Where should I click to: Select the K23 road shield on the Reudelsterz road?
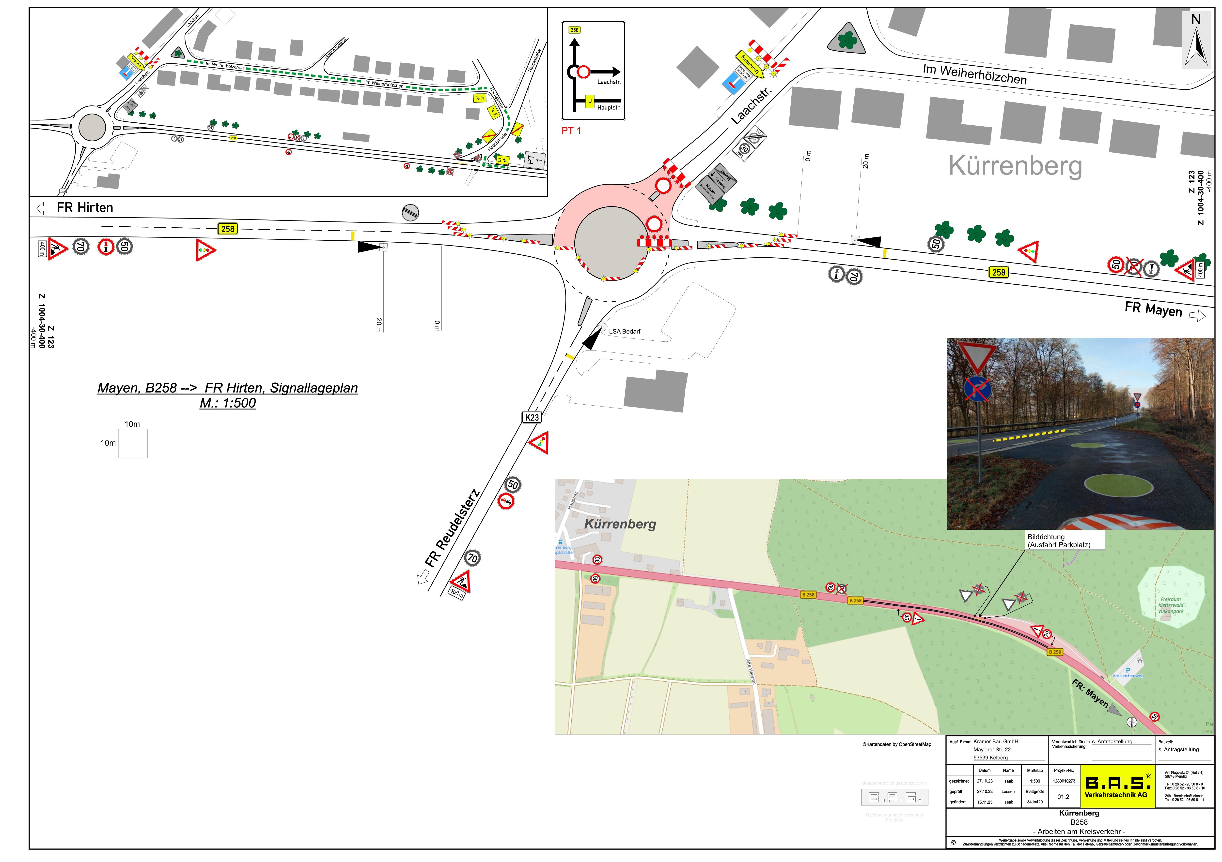532,417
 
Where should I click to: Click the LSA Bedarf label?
624,331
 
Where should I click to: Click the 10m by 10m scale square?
133,443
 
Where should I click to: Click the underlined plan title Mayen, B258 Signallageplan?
228,395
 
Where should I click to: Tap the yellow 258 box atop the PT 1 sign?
574,30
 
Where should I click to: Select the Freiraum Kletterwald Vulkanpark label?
1171,605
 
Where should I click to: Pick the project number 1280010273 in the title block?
1063,781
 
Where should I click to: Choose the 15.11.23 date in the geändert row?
985,802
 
